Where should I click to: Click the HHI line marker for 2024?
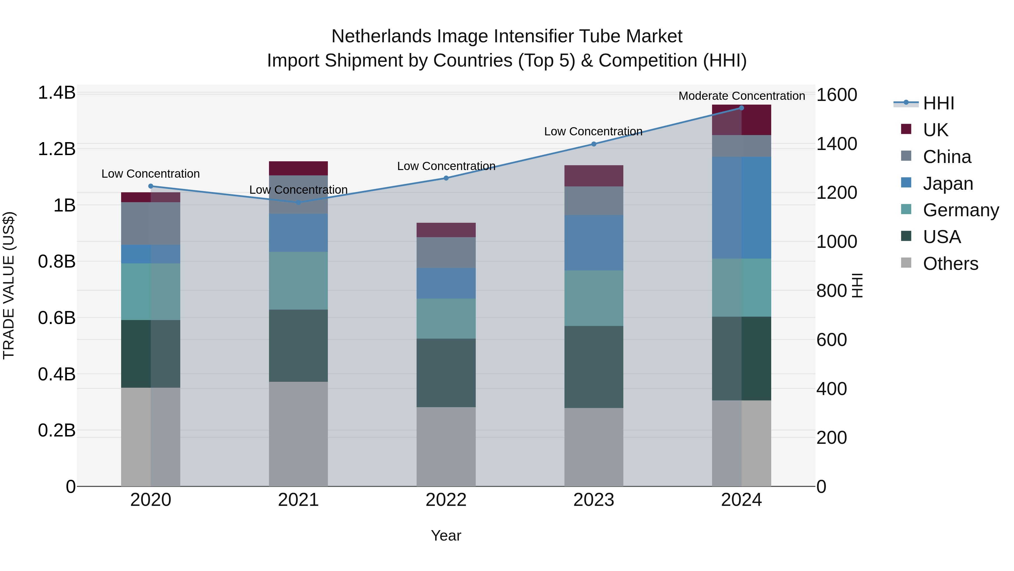pos(741,108)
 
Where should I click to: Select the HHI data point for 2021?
pos(298,202)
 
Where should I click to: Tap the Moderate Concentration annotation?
pos(741,96)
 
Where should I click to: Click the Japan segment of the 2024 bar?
pos(741,208)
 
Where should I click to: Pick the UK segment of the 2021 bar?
pos(298,168)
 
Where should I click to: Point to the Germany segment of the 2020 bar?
pos(150,292)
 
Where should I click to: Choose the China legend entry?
pos(946,157)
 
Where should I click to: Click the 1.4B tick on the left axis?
pos(57,93)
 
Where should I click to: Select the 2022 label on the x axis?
pos(446,500)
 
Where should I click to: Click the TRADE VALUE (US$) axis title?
pos(9,285)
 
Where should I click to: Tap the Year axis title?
pos(446,535)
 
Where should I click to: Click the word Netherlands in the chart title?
pos(381,36)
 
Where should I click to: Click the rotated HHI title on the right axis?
pos(857,285)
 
